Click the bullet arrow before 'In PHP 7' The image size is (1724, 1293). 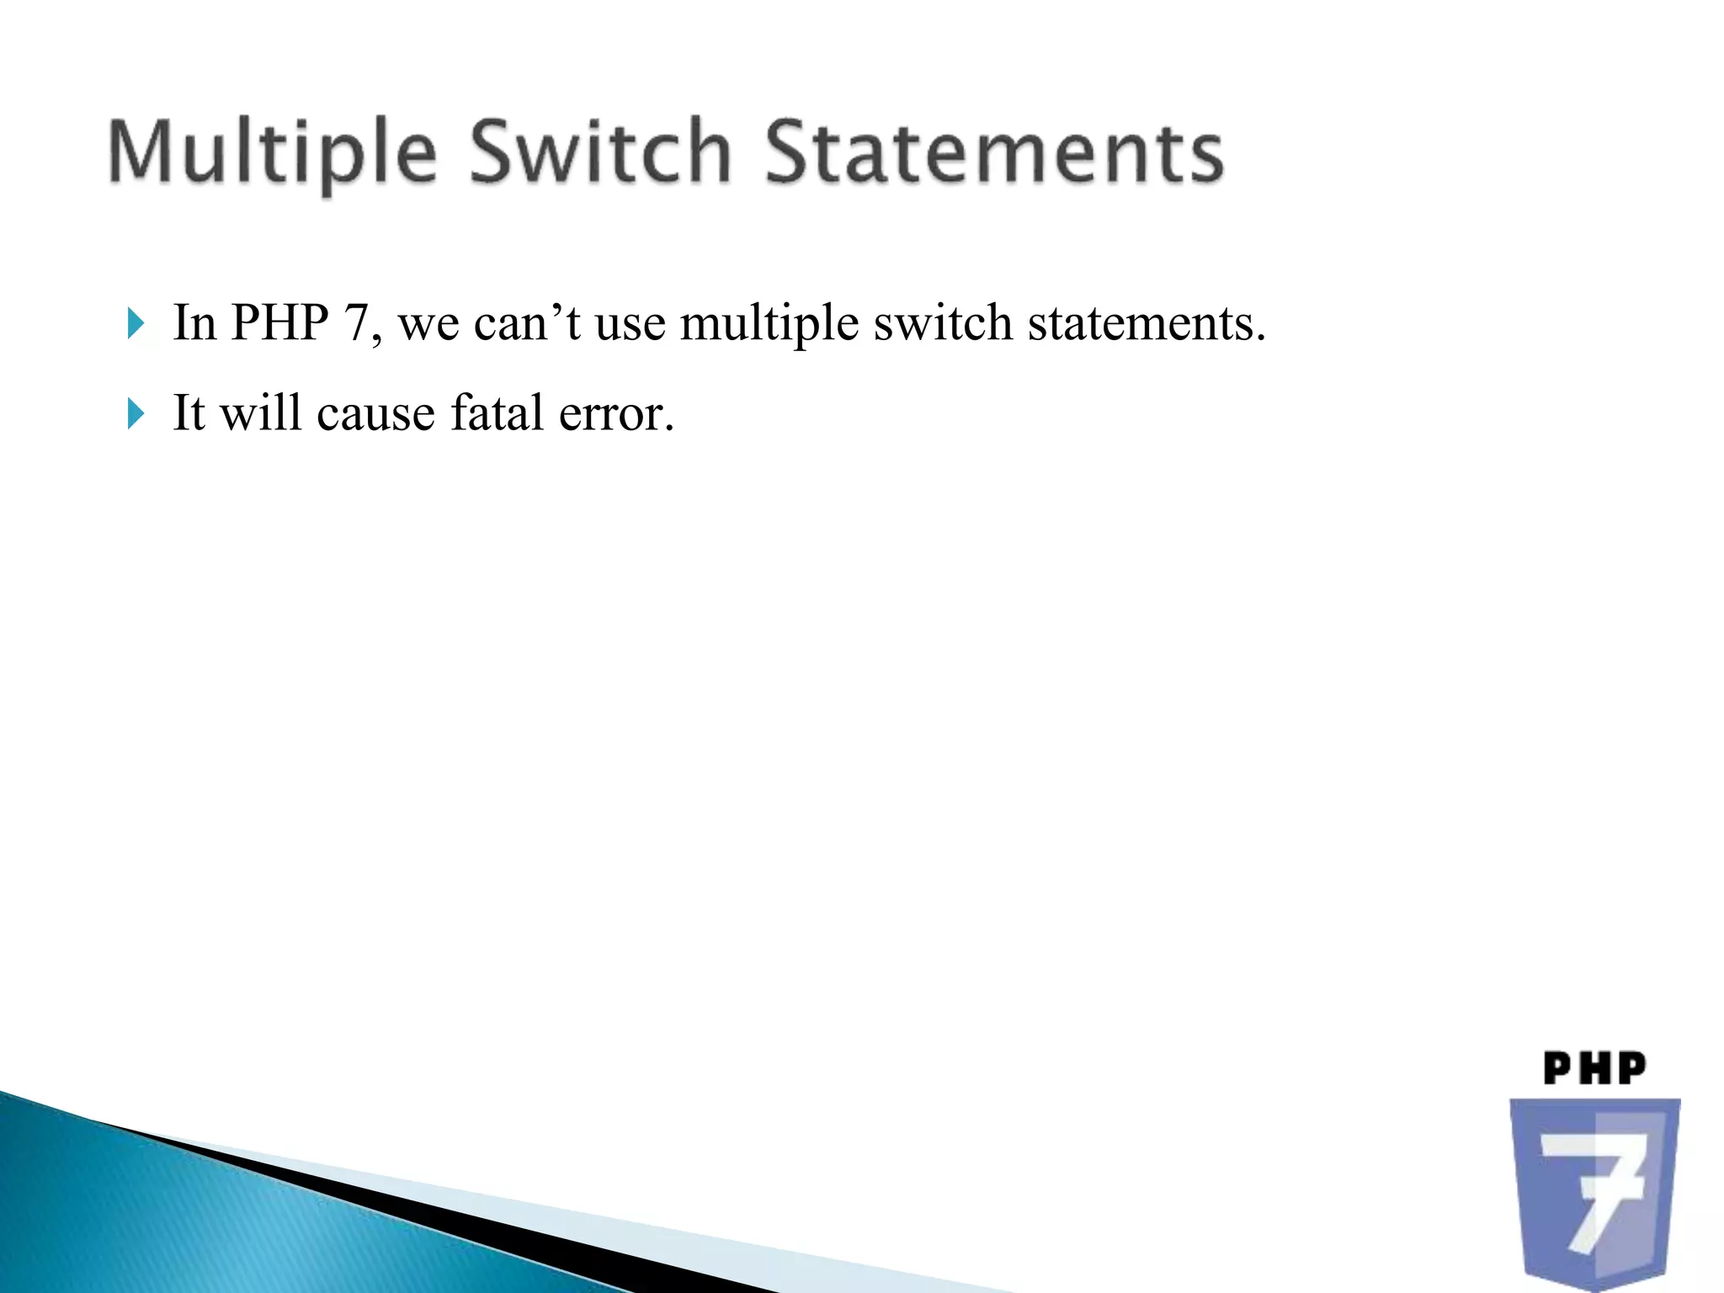pyautogui.click(x=136, y=323)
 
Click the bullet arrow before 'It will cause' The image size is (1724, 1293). pyautogui.click(x=136, y=413)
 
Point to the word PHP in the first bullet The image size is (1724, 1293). pyautogui.click(x=279, y=322)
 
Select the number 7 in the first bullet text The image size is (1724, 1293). pyautogui.click(x=357, y=322)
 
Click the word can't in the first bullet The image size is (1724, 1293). pyautogui.click(x=527, y=323)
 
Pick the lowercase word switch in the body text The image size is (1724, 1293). pyautogui.click(x=943, y=322)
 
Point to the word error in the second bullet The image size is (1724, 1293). pyautogui.click(x=615, y=414)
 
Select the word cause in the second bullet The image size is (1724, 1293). pyautogui.click(x=375, y=414)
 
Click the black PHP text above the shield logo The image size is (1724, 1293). pyautogui.click(x=1594, y=1068)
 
